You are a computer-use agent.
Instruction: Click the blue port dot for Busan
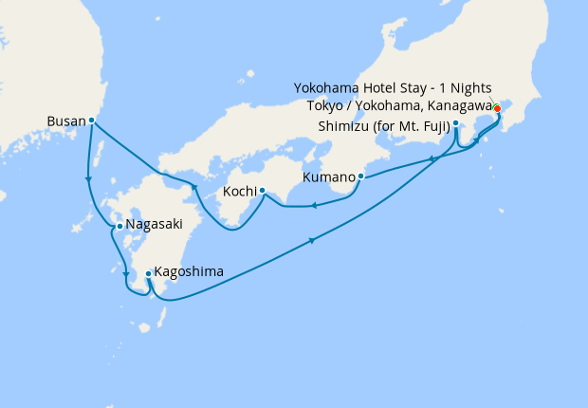(91, 121)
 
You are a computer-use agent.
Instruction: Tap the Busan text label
(65, 121)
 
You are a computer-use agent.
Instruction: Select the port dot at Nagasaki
(119, 226)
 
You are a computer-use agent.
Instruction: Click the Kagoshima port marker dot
(148, 273)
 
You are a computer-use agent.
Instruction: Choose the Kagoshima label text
(190, 271)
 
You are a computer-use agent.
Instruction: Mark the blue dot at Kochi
(262, 191)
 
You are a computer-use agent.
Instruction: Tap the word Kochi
(238, 192)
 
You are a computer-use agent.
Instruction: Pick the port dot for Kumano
(361, 176)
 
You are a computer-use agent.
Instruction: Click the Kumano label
(328, 177)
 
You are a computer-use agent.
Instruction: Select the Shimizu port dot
(456, 124)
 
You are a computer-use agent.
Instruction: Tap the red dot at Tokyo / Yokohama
(497, 107)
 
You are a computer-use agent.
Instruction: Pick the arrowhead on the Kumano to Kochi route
(314, 203)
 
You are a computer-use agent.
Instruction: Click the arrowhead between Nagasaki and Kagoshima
(126, 276)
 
